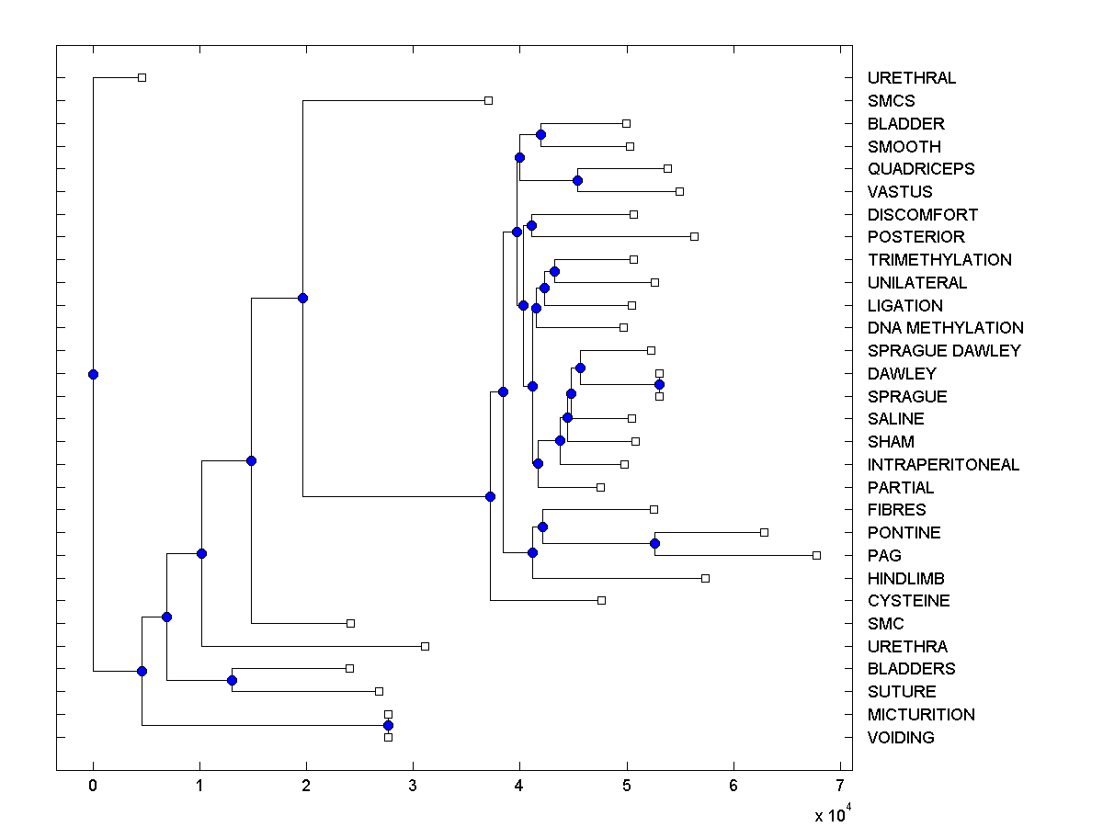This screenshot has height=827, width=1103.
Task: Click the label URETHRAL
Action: pos(911,78)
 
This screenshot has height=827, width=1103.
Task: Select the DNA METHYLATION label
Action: pos(945,328)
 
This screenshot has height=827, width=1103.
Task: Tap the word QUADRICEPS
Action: pos(920,169)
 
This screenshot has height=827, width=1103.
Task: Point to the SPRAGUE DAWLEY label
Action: pos(943,351)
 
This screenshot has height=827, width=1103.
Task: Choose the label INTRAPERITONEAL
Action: pos(943,465)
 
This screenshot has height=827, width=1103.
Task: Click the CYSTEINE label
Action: pos(908,601)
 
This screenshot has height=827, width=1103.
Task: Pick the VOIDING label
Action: pos(900,738)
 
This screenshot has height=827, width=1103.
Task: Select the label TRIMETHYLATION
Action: pos(938,260)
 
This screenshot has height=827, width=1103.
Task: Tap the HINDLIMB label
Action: pos(905,579)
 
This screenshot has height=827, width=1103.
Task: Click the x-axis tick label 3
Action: pos(413,787)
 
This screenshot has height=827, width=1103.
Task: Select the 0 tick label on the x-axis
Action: pos(93,787)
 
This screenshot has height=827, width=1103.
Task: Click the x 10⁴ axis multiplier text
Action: pos(832,814)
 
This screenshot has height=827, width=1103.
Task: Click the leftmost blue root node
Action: pos(93,374)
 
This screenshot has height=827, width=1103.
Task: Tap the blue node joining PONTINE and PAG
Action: pos(654,543)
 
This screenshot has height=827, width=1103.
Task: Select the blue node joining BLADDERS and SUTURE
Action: pos(232,680)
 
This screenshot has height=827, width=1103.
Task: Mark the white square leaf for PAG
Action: pos(816,555)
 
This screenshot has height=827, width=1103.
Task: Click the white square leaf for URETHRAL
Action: pos(142,77)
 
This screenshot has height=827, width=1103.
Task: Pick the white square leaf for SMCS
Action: pos(488,100)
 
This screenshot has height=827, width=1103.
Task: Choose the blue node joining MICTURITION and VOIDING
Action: pos(388,726)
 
